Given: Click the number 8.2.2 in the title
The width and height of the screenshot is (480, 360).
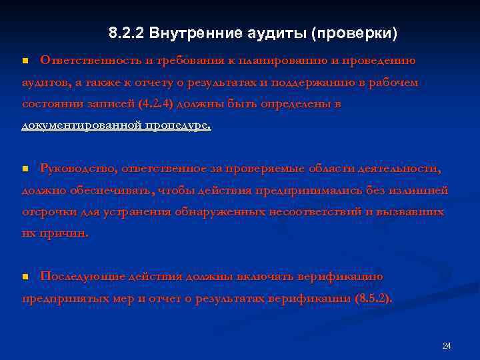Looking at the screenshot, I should coord(127,33).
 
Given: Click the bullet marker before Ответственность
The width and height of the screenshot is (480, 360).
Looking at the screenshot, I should coord(25,61).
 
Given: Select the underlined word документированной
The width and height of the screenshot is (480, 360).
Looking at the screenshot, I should coord(81,126).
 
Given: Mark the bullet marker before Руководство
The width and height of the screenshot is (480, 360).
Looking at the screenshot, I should coord(25,169).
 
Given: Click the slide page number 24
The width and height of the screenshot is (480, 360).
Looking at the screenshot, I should coord(447,346).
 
